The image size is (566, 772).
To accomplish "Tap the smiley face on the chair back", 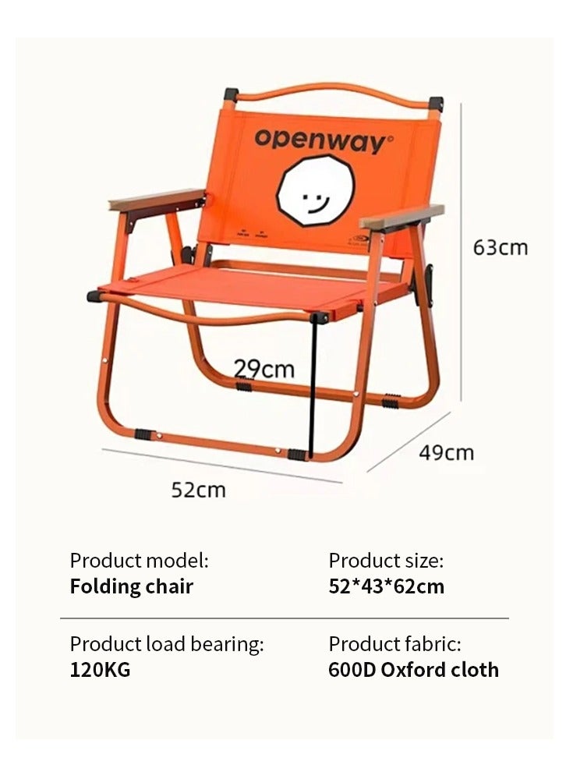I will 316,191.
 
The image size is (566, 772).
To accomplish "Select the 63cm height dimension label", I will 500,247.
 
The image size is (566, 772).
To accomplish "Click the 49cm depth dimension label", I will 446,452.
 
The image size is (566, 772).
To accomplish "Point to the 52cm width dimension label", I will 198,490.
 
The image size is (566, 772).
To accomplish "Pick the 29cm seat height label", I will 264,368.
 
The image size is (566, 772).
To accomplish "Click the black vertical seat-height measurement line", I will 310,390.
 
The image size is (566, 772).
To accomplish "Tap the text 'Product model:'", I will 140,560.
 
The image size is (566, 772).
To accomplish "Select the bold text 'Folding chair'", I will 132,586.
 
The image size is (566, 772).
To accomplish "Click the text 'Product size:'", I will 386,560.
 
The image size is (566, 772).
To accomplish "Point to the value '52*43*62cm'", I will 387,586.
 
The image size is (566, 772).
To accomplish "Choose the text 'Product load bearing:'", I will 167,644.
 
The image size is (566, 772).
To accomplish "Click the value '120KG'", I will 101,670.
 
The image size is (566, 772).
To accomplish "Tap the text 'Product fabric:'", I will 394,644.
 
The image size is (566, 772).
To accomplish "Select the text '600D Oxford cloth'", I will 413,670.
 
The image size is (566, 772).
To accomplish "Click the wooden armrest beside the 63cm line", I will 402,216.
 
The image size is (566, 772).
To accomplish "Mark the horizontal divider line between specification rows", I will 284,618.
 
